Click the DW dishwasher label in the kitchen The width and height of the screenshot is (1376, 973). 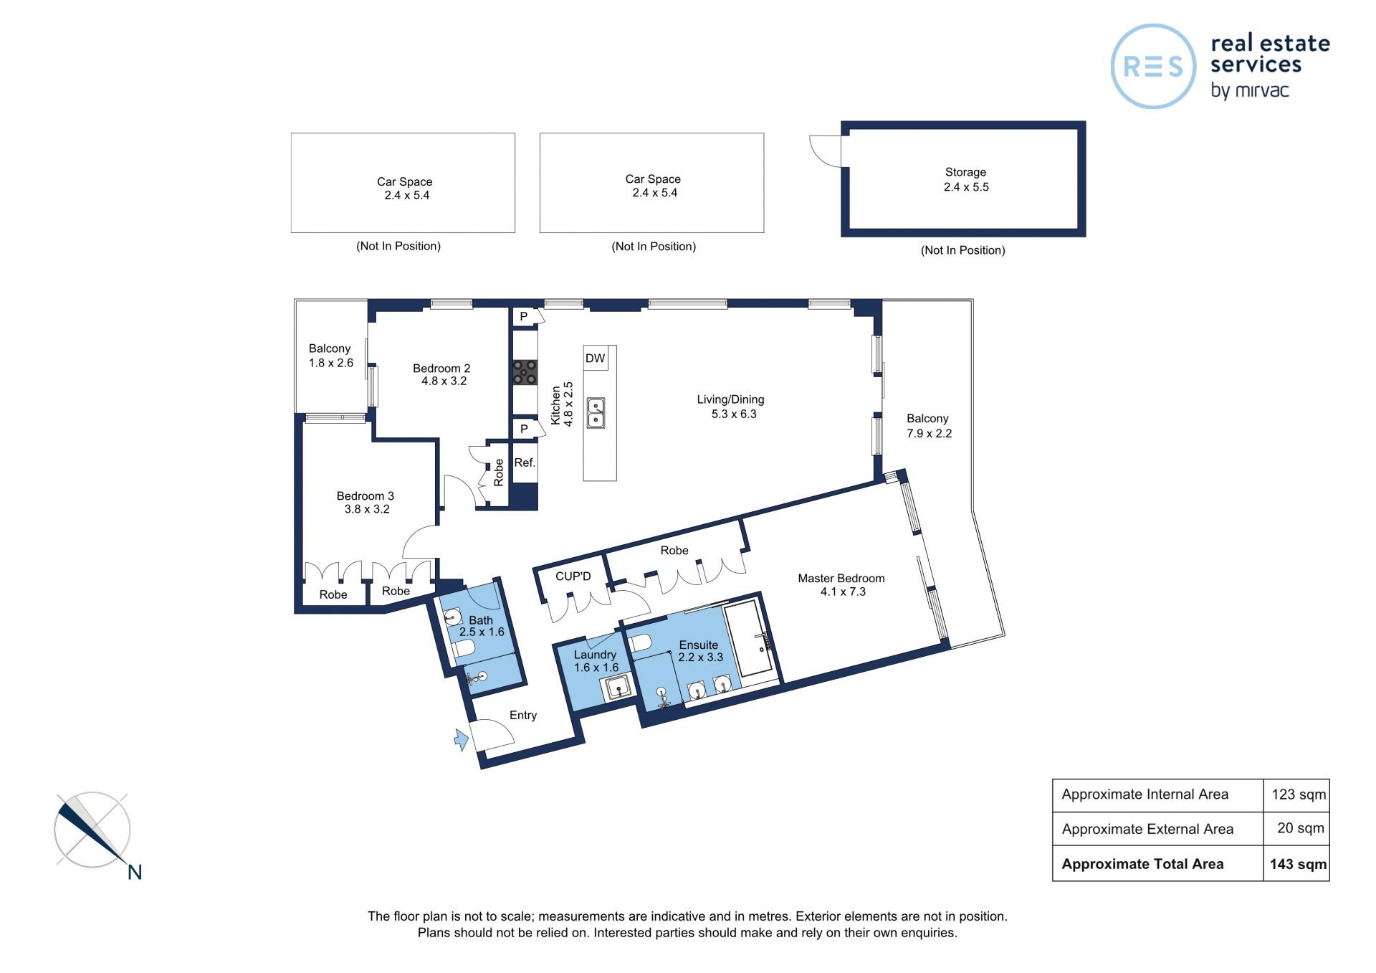(x=595, y=359)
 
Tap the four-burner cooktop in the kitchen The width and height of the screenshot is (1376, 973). (x=525, y=372)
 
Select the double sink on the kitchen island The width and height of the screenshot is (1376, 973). (x=596, y=413)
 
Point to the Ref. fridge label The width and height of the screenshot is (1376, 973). (x=525, y=462)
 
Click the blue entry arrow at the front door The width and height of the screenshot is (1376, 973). (x=462, y=739)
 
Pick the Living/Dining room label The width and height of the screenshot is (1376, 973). (x=730, y=399)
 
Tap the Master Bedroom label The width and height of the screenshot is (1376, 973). (x=841, y=578)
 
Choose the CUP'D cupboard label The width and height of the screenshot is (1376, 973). (x=573, y=576)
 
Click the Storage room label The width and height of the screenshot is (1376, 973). (x=965, y=172)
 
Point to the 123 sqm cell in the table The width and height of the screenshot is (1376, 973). (x=1298, y=794)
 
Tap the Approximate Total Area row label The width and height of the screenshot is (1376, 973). (x=1142, y=864)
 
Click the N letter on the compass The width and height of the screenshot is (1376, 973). (x=135, y=872)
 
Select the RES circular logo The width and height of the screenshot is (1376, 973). (x=1153, y=67)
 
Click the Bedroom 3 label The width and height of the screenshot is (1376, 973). (x=365, y=495)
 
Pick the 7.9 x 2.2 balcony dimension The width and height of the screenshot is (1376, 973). (x=929, y=433)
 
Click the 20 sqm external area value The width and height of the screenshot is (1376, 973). (x=1300, y=828)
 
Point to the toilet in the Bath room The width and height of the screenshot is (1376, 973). (x=463, y=649)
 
